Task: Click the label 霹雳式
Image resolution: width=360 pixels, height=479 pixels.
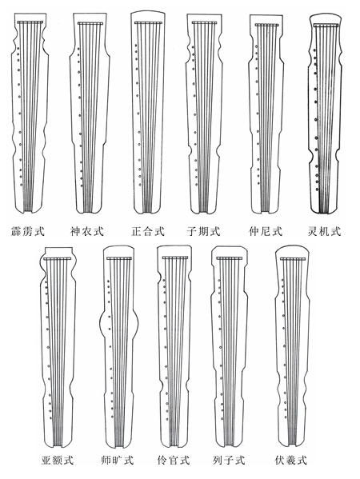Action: pos(28,231)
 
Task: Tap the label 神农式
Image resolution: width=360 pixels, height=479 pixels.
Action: pos(87,231)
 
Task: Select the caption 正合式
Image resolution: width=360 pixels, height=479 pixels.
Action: pos(148,231)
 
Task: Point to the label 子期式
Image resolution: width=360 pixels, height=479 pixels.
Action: pos(203,231)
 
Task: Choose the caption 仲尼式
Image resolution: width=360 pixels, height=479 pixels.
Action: pos(266,231)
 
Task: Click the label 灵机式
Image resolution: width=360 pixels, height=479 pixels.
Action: pos(324,231)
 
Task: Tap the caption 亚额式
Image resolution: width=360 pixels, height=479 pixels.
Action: pos(58,460)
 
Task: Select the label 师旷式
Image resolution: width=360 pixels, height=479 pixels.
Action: pos(118,460)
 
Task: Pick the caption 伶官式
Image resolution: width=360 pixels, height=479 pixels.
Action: pos(174,460)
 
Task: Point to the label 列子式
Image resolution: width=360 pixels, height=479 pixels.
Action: pos(229,460)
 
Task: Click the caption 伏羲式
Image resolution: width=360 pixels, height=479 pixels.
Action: pos(290,460)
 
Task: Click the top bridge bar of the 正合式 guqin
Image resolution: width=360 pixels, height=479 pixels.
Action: pos(148,23)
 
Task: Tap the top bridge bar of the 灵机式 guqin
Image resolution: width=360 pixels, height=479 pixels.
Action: pos(326,26)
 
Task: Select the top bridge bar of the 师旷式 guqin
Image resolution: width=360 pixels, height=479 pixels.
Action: pos(119,259)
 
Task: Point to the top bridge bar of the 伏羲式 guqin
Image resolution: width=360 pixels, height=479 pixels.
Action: pos(293,259)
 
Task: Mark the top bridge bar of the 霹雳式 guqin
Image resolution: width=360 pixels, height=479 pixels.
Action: pos(30,22)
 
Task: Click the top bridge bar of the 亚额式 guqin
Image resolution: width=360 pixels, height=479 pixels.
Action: pos(57,259)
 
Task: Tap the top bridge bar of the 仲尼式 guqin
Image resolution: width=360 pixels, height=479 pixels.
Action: pos(266,25)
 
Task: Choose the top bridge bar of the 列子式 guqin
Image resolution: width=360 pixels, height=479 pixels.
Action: pos(230,258)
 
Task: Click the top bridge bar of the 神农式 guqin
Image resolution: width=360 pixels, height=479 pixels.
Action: pos(90,23)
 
